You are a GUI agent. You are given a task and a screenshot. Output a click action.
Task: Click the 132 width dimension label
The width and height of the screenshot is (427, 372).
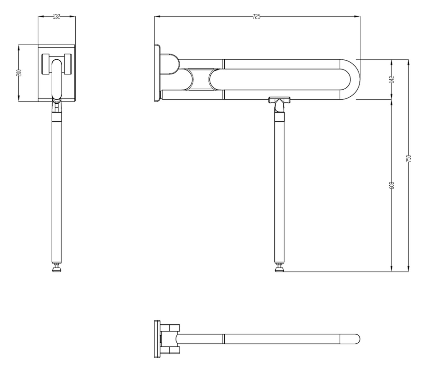pos(56,17)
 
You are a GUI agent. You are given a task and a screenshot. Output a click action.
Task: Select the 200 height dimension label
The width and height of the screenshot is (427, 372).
pos(19,73)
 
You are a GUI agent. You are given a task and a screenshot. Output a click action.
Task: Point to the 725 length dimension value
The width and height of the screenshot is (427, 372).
pos(256,17)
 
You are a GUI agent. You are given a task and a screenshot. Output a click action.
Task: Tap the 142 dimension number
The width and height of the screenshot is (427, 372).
pos(392,79)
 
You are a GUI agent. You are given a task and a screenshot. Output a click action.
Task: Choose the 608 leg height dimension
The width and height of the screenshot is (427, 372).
pos(392,185)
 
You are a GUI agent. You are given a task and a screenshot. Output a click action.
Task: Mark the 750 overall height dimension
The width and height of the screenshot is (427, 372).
pos(409,159)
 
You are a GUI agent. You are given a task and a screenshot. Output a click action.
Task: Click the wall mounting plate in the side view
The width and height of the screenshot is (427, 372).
pos(157,73)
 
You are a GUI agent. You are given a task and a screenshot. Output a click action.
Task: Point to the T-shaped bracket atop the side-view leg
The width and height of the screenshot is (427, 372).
pos(280,100)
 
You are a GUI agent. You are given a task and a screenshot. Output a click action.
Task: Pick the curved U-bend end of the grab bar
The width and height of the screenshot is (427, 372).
pos(353,79)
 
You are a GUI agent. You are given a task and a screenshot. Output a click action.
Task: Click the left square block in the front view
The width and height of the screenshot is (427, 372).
pos(46,64)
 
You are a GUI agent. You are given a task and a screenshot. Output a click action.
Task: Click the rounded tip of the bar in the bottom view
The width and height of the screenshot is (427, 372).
pos(356,339)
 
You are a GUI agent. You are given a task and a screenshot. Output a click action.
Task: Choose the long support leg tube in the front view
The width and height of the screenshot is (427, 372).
pos(56,191)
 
